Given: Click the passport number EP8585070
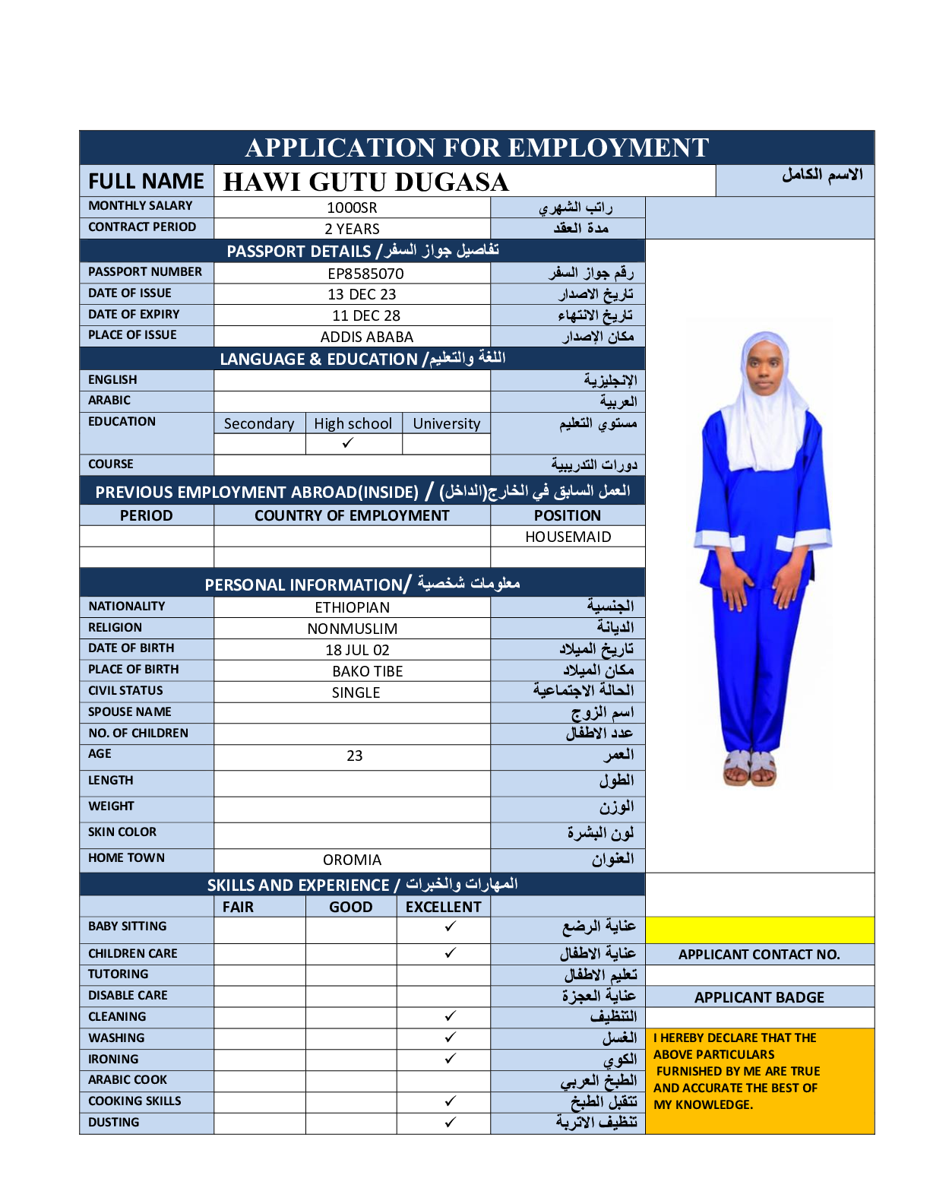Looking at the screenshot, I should pyautogui.click(x=365, y=274).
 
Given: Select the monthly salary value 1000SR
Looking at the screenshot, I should pyautogui.click(x=352, y=208).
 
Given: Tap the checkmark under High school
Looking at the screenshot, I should pyautogui.click(x=348, y=443).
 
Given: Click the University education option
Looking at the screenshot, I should pyautogui.click(x=446, y=423).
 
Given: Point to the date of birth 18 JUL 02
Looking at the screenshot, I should pyautogui.click(x=357, y=650).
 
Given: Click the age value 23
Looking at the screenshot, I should pyautogui.click(x=354, y=756).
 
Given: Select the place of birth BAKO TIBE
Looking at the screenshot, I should pyautogui.click(x=367, y=671).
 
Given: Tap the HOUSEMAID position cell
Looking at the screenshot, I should pyautogui.click(x=568, y=537).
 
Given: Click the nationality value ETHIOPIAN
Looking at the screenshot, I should pyautogui.click(x=352, y=607).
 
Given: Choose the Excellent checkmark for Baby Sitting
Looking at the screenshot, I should pyautogui.click(x=450, y=927).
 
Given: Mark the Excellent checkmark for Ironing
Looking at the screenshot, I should pyautogui.click(x=450, y=1059).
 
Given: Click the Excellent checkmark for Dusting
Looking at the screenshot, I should pyautogui.click(x=450, y=1122).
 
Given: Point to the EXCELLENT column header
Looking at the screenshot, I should pyautogui.click(x=443, y=907).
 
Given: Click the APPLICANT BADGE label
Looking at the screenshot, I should pyautogui.click(x=759, y=997).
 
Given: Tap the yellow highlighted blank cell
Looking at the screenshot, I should pyautogui.click(x=759, y=930).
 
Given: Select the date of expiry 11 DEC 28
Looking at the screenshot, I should pyautogui.click(x=365, y=315).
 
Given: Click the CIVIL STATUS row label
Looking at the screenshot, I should pyautogui.click(x=125, y=690).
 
